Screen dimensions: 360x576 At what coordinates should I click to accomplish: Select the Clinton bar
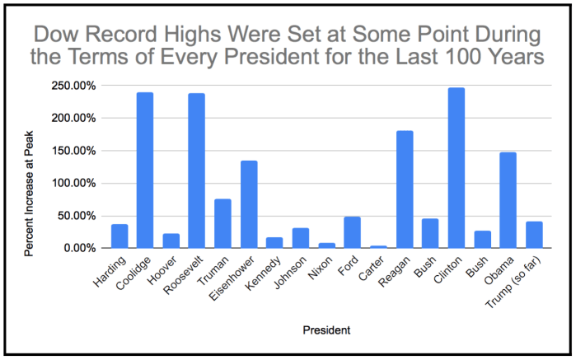pos(457,168)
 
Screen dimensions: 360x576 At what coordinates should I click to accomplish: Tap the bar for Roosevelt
pos(197,171)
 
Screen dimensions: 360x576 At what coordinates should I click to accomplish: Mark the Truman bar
pos(222,223)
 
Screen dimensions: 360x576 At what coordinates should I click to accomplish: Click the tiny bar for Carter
pos(378,246)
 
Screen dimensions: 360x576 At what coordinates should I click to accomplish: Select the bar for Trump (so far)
pos(534,235)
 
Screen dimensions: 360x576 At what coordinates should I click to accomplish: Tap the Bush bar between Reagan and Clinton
pos(430,233)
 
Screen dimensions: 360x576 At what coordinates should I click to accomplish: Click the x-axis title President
pos(325,330)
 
